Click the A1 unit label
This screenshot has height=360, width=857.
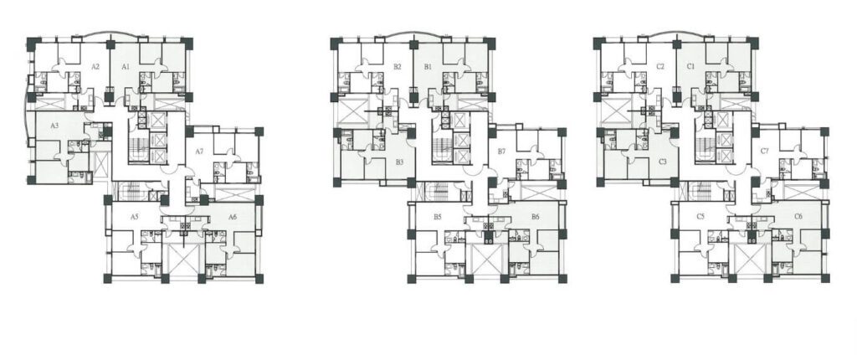[x=126, y=67]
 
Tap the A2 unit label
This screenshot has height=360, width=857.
[x=95, y=67]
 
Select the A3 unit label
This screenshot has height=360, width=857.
[x=54, y=126]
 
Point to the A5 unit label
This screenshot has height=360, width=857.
[x=135, y=217]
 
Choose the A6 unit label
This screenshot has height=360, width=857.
[x=233, y=217]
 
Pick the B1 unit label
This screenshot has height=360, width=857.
[x=428, y=67]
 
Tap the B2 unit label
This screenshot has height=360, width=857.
[x=398, y=67]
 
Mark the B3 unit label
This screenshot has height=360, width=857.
[x=399, y=162]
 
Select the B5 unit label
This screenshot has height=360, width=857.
[x=437, y=217]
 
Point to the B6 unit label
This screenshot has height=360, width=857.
[x=536, y=217]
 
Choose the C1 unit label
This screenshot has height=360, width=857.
[x=690, y=67]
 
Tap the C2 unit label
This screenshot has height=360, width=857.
[x=661, y=67]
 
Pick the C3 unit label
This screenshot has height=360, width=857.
[x=663, y=162]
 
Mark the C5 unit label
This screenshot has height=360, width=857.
[x=700, y=217]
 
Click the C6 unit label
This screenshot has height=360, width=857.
[x=798, y=217]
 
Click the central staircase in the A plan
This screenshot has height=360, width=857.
[x=138, y=147]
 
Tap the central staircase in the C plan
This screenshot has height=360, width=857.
[x=705, y=147]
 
